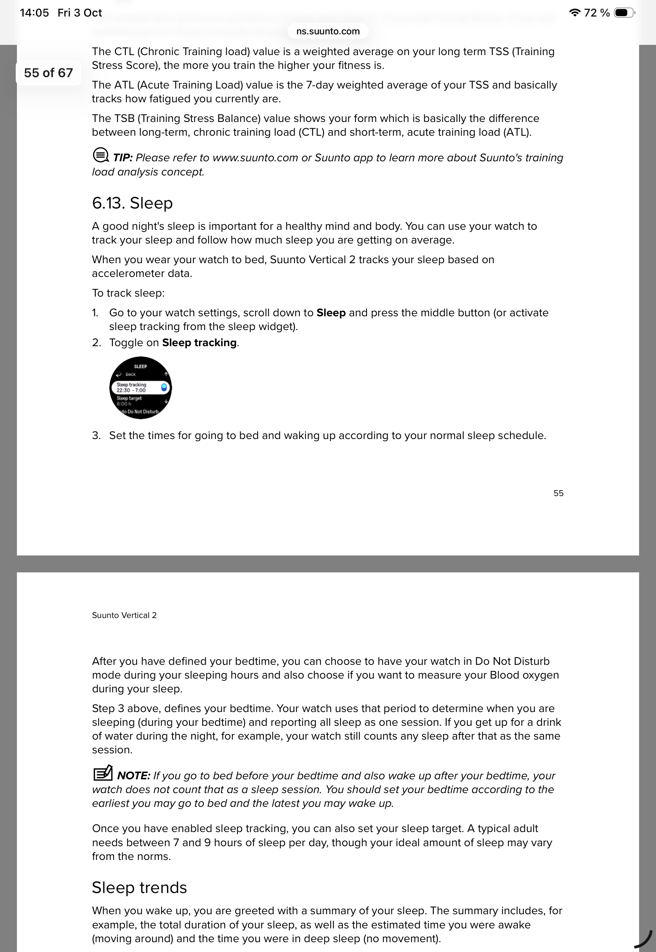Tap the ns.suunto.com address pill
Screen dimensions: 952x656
[328, 31]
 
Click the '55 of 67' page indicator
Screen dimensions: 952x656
[48, 73]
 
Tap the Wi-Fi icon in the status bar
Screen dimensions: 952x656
[575, 13]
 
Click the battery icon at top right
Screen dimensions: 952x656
[624, 13]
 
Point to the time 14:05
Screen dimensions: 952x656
[34, 13]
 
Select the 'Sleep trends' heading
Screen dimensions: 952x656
[139, 887]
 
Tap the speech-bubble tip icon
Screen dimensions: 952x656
[100, 155]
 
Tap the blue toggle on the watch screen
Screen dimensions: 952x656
[164, 387]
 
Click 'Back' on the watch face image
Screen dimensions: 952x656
[130, 374]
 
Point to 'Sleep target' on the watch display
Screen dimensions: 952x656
[129, 399]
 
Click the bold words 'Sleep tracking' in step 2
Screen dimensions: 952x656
[199, 342]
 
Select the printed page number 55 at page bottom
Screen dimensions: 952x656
[558, 493]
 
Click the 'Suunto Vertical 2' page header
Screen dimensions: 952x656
[124, 615]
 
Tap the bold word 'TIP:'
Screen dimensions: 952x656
[122, 158]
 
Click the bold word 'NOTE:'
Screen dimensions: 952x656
[134, 776]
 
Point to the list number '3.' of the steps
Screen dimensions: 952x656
[96, 435]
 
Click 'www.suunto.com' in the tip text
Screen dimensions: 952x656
[255, 158]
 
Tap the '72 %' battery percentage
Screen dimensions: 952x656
[597, 13]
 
